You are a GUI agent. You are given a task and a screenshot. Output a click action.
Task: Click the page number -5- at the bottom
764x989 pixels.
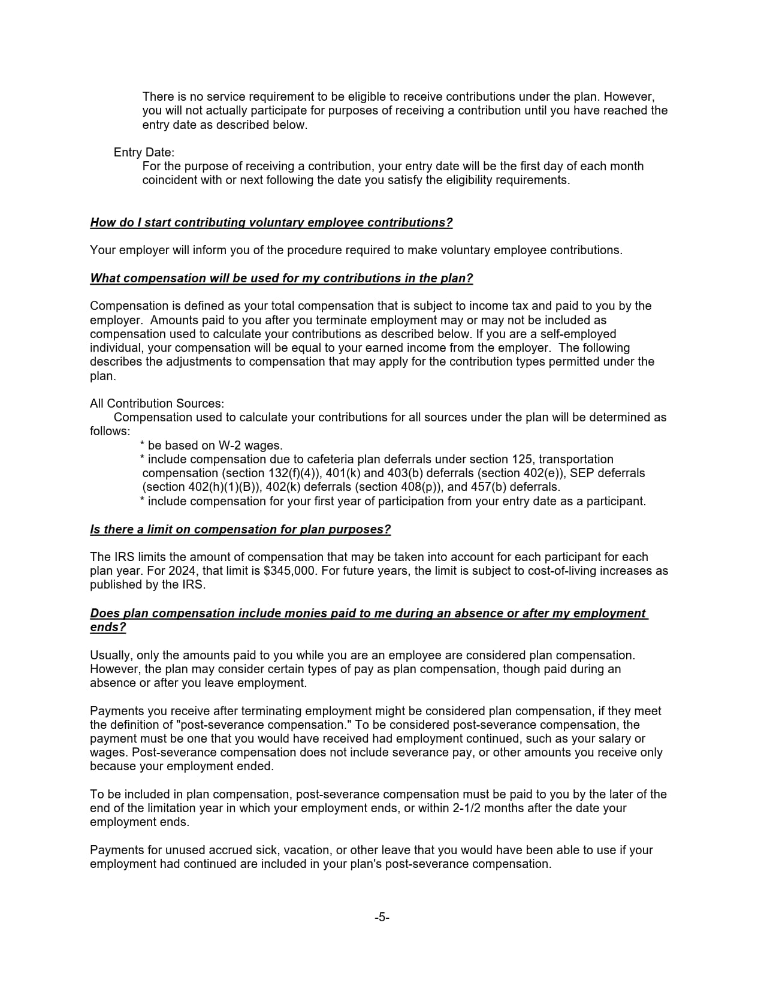[x=382, y=917]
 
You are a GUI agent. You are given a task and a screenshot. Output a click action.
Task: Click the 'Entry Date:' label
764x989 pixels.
[x=144, y=152]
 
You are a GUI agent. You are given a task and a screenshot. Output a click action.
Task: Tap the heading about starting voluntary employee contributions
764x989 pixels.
[x=271, y=223]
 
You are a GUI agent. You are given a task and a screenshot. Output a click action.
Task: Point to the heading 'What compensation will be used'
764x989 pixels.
[x=281, y=279]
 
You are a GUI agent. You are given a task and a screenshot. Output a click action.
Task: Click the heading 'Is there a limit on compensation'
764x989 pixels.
[x=240, y=530]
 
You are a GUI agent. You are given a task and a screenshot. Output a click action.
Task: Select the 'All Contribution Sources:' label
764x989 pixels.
[x=157, y=403]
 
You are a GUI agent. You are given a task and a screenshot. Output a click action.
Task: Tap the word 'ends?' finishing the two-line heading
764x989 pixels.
[x=108, y=628]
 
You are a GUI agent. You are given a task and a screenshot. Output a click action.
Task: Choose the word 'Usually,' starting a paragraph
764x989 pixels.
[x=111, y=655]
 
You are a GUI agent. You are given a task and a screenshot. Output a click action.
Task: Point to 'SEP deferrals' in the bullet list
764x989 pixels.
[x=607, y=473]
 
